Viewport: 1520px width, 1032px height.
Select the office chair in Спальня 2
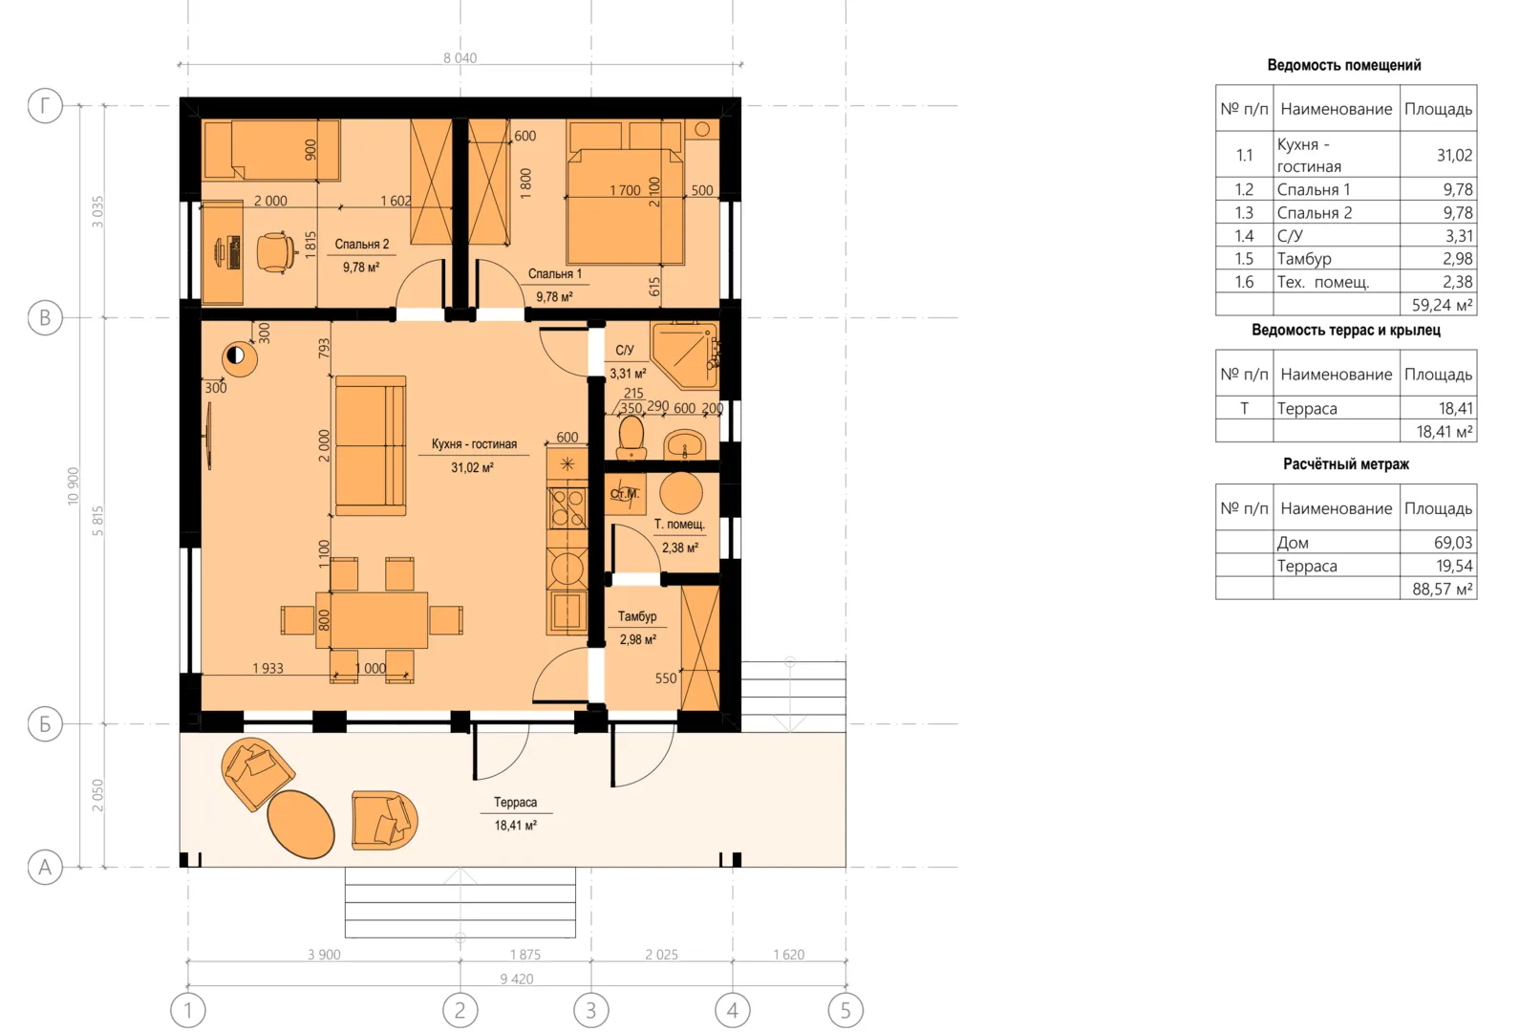pos(277,252)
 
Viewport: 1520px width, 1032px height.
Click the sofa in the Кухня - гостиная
pos(371,446)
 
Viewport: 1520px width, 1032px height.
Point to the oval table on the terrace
pos(301,825)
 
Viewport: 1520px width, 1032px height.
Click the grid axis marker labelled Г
pos(45,106)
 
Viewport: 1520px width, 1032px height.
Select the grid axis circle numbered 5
pos(846,1010)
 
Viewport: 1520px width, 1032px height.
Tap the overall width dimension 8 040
pos(460,57)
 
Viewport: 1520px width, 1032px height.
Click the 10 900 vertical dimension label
pos(73,485)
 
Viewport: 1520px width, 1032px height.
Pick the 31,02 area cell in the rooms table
pos(1454,156)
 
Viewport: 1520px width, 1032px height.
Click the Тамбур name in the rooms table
pos(1303,259)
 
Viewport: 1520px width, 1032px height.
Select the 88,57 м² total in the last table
pos(1442,589)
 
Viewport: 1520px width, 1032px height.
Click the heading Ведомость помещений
pos(1344,65)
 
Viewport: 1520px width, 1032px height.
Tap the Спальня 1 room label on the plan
pos(554,273)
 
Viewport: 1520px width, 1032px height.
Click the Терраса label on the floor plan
pos(515,802)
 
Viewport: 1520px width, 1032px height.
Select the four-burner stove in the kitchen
pos(567,507)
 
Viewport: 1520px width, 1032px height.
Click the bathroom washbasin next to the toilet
pos(685,445)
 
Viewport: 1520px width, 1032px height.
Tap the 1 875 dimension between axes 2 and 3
pos(525,955)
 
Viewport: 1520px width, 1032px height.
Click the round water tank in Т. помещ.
pos(680,493)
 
